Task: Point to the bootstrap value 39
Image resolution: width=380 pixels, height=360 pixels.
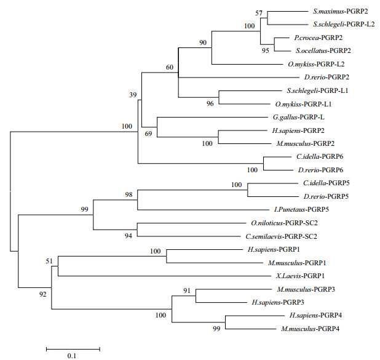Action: click(133, 95)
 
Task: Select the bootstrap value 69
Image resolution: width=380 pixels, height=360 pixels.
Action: click(148, 133)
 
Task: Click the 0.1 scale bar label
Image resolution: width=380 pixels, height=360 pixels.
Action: click(71, 356)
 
